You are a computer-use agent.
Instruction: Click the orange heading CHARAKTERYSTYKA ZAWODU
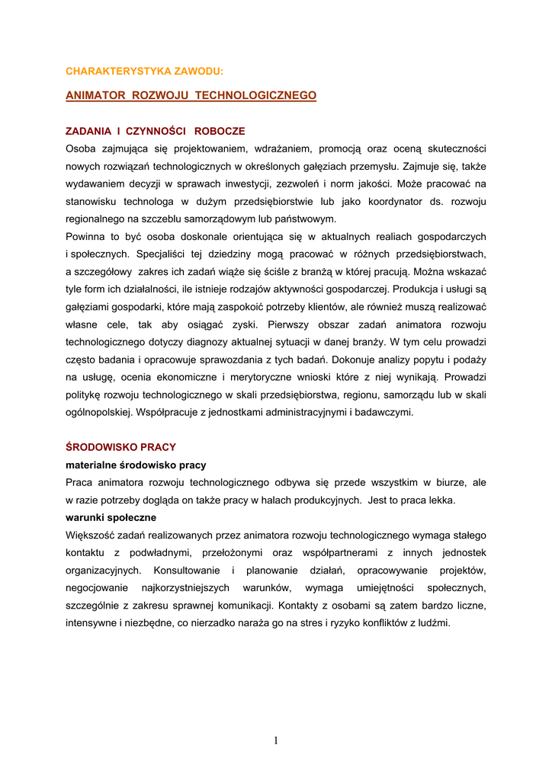coord(145,71)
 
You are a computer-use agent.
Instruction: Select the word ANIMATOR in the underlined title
coord(95,95)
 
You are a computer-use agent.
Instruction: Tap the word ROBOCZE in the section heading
coord(220,131)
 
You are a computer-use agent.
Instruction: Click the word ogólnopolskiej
coord(99,412)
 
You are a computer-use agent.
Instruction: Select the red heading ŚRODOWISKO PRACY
coord(121,447)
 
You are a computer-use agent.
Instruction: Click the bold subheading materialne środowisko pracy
coord(136,465)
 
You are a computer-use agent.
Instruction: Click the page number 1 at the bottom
coord(276,740)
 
